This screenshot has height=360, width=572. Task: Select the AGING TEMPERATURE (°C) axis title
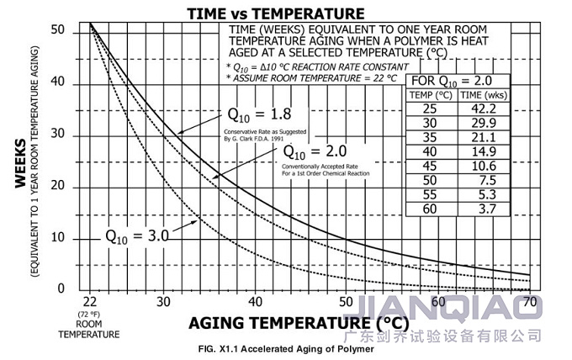301,323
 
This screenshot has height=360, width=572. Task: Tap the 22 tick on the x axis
90,301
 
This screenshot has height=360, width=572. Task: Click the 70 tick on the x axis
529,301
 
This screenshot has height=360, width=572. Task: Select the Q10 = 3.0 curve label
137,235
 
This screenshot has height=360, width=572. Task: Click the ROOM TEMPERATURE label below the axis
89,328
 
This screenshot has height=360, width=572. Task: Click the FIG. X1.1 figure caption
285,349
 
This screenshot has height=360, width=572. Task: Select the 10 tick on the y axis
57,239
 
